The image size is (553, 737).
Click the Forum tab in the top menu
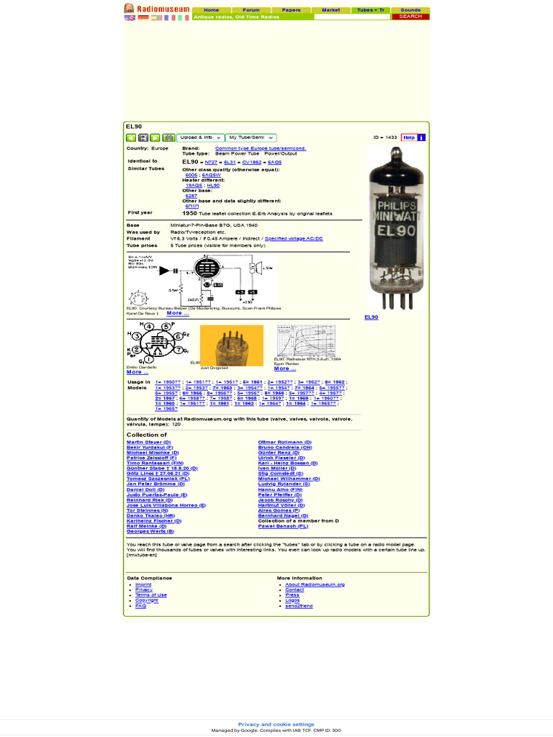click(251, 10)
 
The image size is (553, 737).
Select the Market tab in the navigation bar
click(331, 10)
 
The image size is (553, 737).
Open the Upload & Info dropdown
click(201, 137)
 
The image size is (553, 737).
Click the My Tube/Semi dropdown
click(251, 137)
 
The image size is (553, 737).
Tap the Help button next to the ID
click(408, 137)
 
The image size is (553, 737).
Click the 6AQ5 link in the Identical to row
click(274, 163)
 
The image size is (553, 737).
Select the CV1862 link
click(252, 163)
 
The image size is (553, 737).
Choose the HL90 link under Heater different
click(213, 185)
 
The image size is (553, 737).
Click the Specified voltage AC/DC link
click(294, 238)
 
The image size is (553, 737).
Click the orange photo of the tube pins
click(231, 345)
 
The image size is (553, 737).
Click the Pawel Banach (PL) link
click(283, 526)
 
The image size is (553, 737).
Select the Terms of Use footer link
click(150, 595)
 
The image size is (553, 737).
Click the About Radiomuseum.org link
click(315, 584)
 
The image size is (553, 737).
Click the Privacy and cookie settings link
click(276, 725)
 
